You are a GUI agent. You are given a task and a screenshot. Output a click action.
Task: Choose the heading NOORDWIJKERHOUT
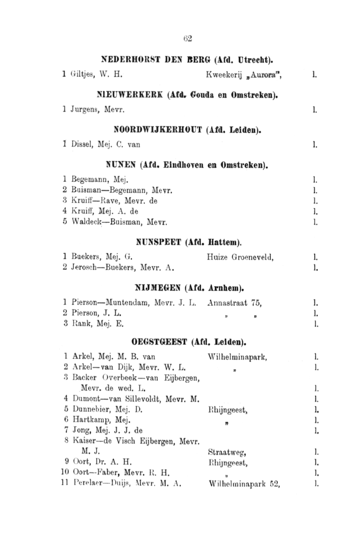(155, 130)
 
